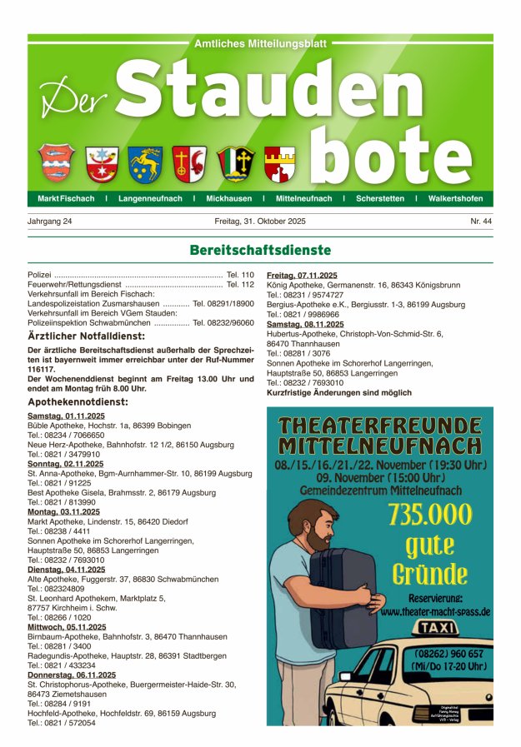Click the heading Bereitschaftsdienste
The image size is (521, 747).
(x=260, y=250)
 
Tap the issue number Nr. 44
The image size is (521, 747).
(x=481, y=222)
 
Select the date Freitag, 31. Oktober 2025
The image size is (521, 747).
(x=260, y=222)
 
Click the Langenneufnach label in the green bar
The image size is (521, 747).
(x=149, y=199)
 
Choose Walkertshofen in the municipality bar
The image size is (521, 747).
(x=456, y=199)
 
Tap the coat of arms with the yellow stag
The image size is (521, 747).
(x=145, y=164)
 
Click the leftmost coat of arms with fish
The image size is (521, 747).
(x=55, y=162)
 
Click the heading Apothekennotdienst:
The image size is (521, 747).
(x=78, y=401)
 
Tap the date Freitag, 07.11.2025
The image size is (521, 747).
(x=302, y=275)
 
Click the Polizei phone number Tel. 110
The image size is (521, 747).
(x=240, y=275)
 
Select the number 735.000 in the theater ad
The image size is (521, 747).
(x=430, y=515)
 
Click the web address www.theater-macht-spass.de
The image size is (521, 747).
(x=435, y=612)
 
